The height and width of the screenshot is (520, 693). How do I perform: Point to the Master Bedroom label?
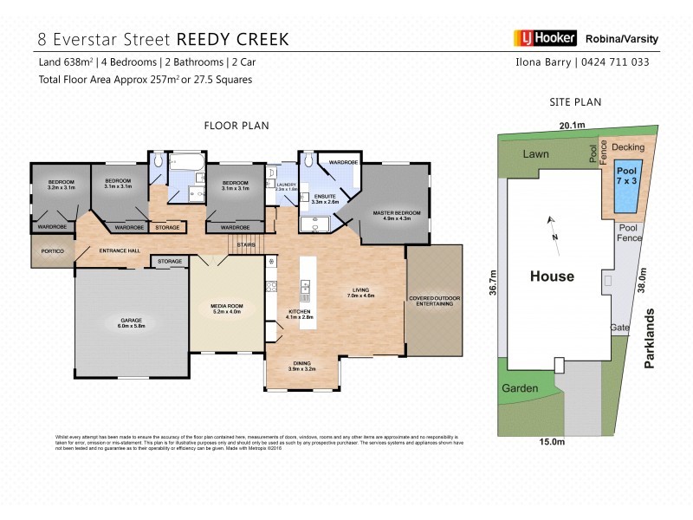coord(396,214)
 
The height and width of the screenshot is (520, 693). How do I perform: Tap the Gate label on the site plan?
coord(619,328)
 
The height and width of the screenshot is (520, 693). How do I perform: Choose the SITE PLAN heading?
coord(575,102)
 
